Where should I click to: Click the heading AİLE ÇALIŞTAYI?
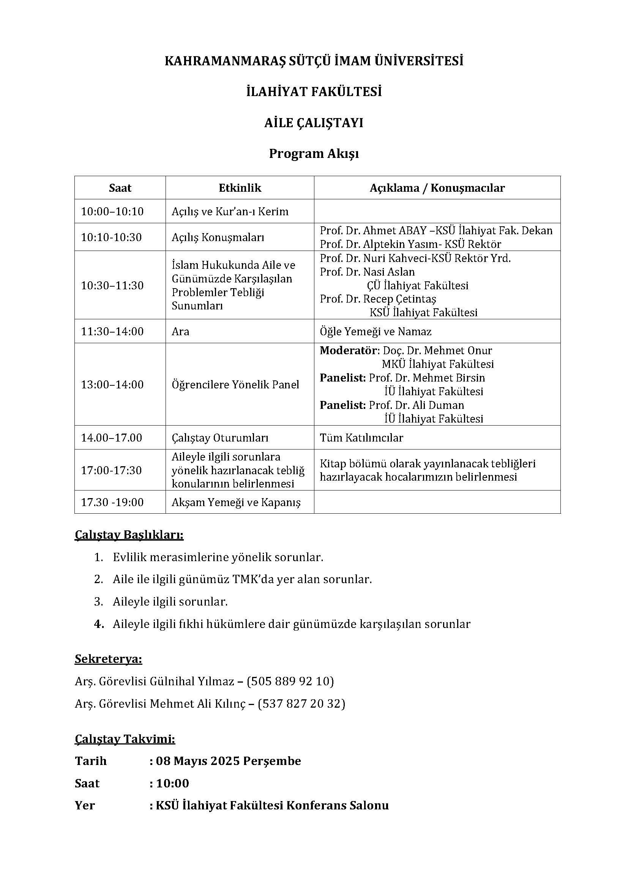(314, 123)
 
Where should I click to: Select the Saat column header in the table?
(120, 188)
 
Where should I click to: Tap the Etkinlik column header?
(240, 188)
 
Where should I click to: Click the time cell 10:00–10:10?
(112, 211)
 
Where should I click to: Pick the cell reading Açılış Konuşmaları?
(218, 237)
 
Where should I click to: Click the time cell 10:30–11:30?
(112, 285)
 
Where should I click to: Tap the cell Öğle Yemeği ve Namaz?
(376, 331)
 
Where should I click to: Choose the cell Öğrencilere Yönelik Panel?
(235, 385)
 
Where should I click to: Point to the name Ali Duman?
(441, 405)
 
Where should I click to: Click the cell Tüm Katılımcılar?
(361, 438)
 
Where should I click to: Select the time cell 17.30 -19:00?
(112, 502)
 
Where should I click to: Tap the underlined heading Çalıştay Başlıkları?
(129, 535)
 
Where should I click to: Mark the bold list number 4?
(99, 624)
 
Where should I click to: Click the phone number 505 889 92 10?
(290, 681)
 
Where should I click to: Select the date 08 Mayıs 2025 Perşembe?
(228, 761)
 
